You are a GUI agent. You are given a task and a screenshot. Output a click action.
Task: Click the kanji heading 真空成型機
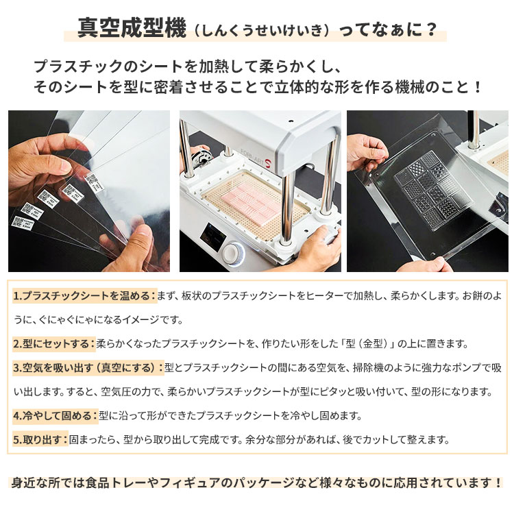coord(130,30)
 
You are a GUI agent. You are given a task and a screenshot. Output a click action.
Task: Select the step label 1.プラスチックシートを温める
coord(84,296)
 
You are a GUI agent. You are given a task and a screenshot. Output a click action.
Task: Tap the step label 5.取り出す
coord(40,439)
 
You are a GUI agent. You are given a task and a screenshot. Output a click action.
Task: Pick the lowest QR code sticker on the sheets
coord(19,221)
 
